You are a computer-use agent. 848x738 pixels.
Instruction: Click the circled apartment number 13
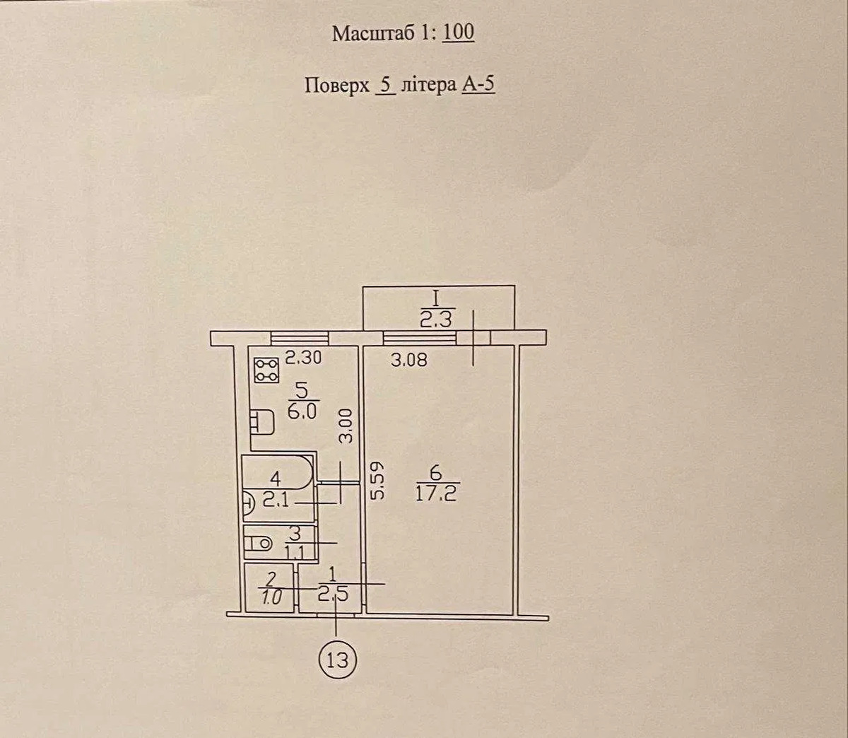coord(338,660)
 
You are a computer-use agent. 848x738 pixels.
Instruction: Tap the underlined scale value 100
coord(459,33)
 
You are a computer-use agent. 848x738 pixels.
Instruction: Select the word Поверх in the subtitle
coord(336,86)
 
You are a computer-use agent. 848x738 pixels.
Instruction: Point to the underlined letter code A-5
coord(478,86)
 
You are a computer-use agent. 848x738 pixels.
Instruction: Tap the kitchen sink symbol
coord(262,423)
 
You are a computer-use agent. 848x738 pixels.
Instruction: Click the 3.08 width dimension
coord(408,360)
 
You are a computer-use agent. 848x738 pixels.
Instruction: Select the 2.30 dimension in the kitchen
coord(303,358)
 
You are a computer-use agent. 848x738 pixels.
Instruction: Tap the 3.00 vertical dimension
coord(346,427)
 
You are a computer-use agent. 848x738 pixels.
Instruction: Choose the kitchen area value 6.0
coord(302,413)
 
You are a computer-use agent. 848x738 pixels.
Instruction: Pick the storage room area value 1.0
coord(271,598)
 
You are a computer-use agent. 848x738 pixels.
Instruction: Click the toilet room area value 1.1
coord(295,552)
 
